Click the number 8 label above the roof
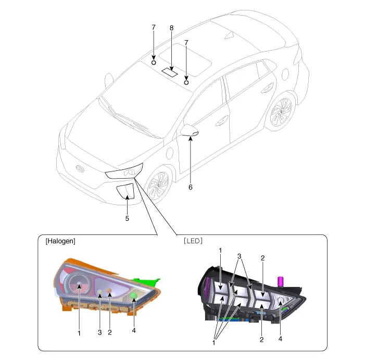coord(171,28)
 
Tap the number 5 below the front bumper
coord(127,219)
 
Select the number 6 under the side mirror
coord(191,187)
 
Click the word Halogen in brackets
coord(60,241)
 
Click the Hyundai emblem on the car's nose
coord(80,168)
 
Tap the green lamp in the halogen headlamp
coord(133,296)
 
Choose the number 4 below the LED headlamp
coord(281,339)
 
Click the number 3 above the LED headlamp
coord(240,257)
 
